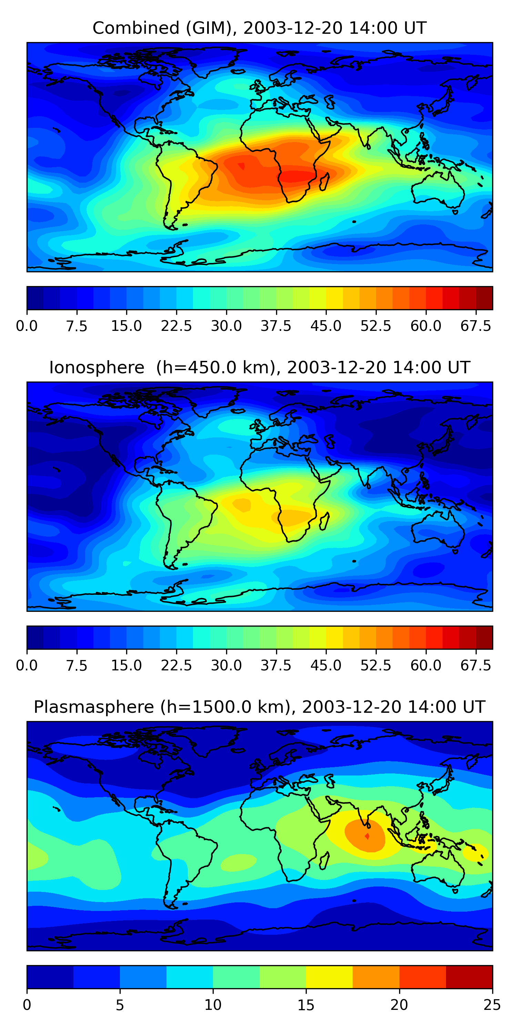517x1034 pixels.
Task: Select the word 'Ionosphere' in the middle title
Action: [97, 368]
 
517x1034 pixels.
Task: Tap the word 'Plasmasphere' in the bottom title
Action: [93, 707]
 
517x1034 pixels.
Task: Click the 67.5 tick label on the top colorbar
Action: [476, 326]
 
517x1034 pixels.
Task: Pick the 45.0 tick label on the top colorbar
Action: [326, 326]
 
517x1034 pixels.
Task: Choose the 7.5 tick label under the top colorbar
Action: [77, 326]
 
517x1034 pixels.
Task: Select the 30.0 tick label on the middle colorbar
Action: [226, 666]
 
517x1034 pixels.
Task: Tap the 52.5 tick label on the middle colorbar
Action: [376, 666]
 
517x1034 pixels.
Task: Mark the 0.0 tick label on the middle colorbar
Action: [27, 666]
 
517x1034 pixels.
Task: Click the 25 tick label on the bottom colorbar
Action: [492, 1005]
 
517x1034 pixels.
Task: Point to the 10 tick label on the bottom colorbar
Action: [213, 1005]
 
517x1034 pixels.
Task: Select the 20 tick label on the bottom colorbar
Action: [399, 1005]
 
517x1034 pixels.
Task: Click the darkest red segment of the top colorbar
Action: [484, 298]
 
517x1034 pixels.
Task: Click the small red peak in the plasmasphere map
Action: [367, 836]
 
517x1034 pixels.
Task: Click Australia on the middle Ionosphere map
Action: [437, 530]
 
